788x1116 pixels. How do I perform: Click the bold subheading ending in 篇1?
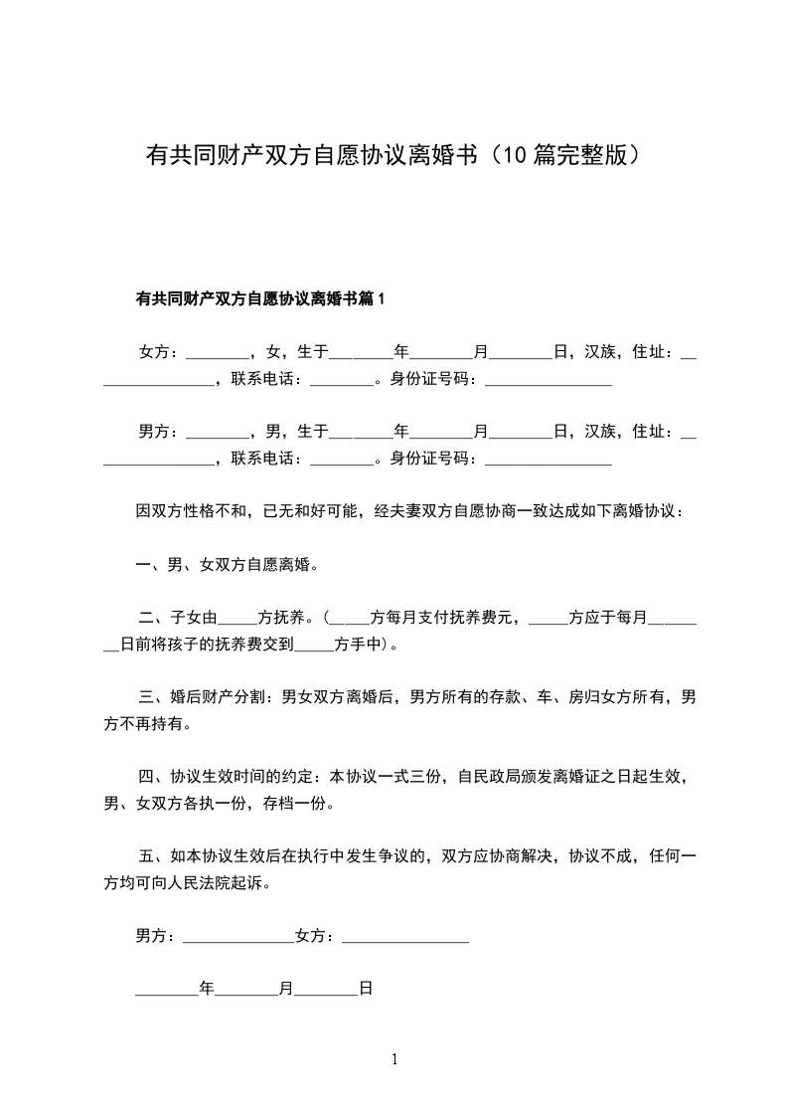(259, 298)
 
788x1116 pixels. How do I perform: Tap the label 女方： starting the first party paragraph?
(159, 352)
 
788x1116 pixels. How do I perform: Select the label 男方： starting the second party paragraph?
(159, 432)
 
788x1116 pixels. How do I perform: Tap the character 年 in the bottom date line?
(207, 990)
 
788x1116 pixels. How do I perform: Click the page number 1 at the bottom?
(394, 1060)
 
